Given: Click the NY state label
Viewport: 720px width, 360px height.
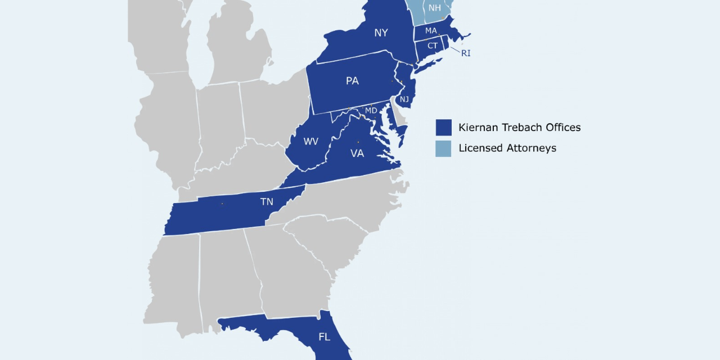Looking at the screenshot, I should pyautogui.click(x=381, y=33).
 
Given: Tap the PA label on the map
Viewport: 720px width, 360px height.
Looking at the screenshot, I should pyautogui.click(x=352, y=81).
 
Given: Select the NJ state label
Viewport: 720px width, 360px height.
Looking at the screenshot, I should pyautogui.click(x=404, y=100).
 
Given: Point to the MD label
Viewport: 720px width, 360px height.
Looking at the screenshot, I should pyautogui.click(x=371, y=111).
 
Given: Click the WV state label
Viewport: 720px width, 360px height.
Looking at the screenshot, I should pyautogui.click(x=311, y=141).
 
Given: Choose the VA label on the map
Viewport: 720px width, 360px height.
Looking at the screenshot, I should pyautogui.click(x=357, y=153).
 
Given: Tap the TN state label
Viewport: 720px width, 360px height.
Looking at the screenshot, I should pyautogui.click(x=267, y=201).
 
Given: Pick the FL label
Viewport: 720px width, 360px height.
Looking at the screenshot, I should pyautogui.click(x=325, y=337).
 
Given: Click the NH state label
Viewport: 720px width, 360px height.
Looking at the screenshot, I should pyautogui.click(x=435, y=8).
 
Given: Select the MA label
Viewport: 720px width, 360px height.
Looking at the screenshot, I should pyautogui.click(x=431, y=30).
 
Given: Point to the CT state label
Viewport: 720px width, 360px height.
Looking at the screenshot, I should pyautogui.click(x=433, y=46).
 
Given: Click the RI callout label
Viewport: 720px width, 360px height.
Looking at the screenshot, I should pyautogui.click(x=466, y=53).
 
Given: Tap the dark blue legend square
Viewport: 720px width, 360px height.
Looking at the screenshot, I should pyautogui.click(x=444, y=128).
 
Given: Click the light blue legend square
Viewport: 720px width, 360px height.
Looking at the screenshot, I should pyautogui.click(x=444, y=148).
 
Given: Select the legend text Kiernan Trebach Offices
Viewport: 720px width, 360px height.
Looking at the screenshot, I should pyautogui.click(x=519, y=128).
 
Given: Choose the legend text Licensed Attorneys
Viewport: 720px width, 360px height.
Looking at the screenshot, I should pyautogui.click(x=507, y=148).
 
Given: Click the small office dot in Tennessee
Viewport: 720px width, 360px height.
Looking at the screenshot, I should pyautogui.click(x=222, y=204).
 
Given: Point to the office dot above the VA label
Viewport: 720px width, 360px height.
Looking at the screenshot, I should pyautogui.click(x=358, y=142).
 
